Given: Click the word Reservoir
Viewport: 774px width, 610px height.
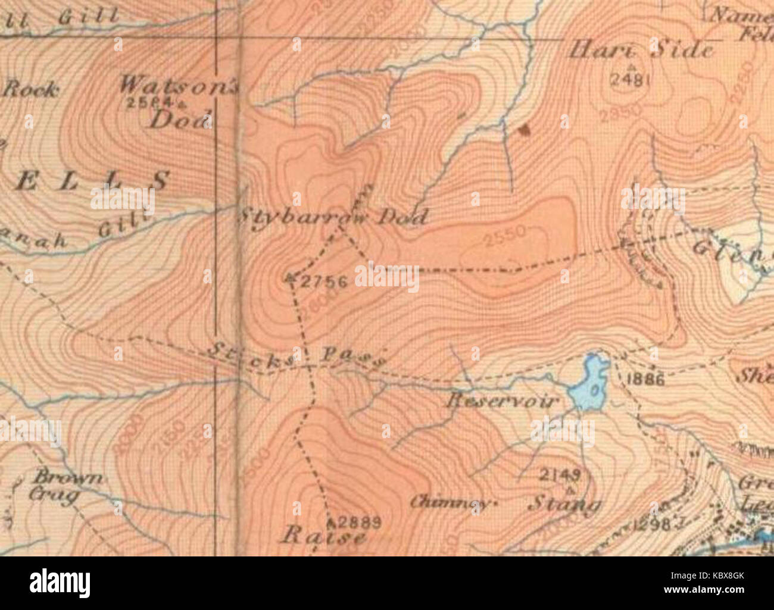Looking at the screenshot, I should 501,401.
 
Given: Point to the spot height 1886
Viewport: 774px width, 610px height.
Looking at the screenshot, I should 645,380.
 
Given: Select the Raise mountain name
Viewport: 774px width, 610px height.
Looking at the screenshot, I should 323,537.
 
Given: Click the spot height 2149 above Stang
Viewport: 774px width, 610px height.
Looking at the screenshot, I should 559,475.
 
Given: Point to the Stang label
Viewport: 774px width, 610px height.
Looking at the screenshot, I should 564,505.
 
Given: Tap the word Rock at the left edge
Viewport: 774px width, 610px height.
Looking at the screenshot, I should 31,90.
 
